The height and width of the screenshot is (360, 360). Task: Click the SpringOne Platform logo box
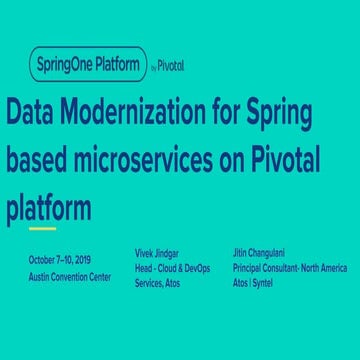click(87, 66)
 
